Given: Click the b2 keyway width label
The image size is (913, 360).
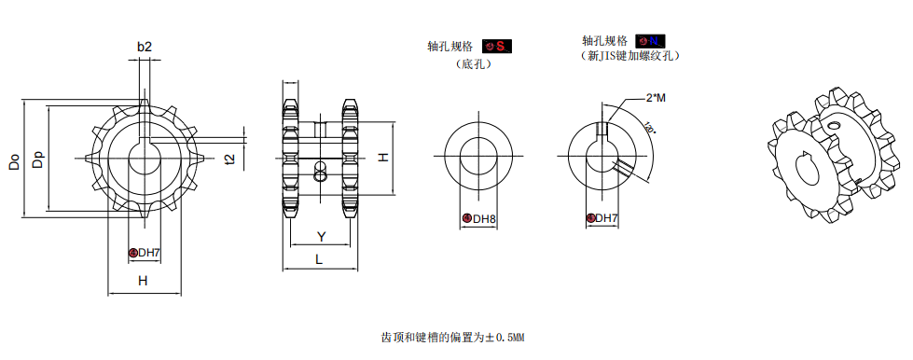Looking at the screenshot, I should point(144,46).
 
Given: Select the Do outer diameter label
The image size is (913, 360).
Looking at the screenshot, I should point(14,159).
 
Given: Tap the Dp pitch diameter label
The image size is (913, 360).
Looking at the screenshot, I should point(37,159).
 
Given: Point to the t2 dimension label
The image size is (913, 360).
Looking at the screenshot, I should point(230,159).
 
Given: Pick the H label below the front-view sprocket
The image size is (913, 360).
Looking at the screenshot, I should point(143,280).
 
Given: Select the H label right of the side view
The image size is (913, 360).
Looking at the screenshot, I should point(382,159).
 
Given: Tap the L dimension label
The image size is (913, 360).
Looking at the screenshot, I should point(319,259).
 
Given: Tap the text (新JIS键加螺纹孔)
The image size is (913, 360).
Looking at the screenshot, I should point(629,56).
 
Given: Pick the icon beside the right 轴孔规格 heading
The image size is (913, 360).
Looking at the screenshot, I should point(650,41).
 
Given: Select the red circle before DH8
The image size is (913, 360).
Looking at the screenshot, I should point(466,219).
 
